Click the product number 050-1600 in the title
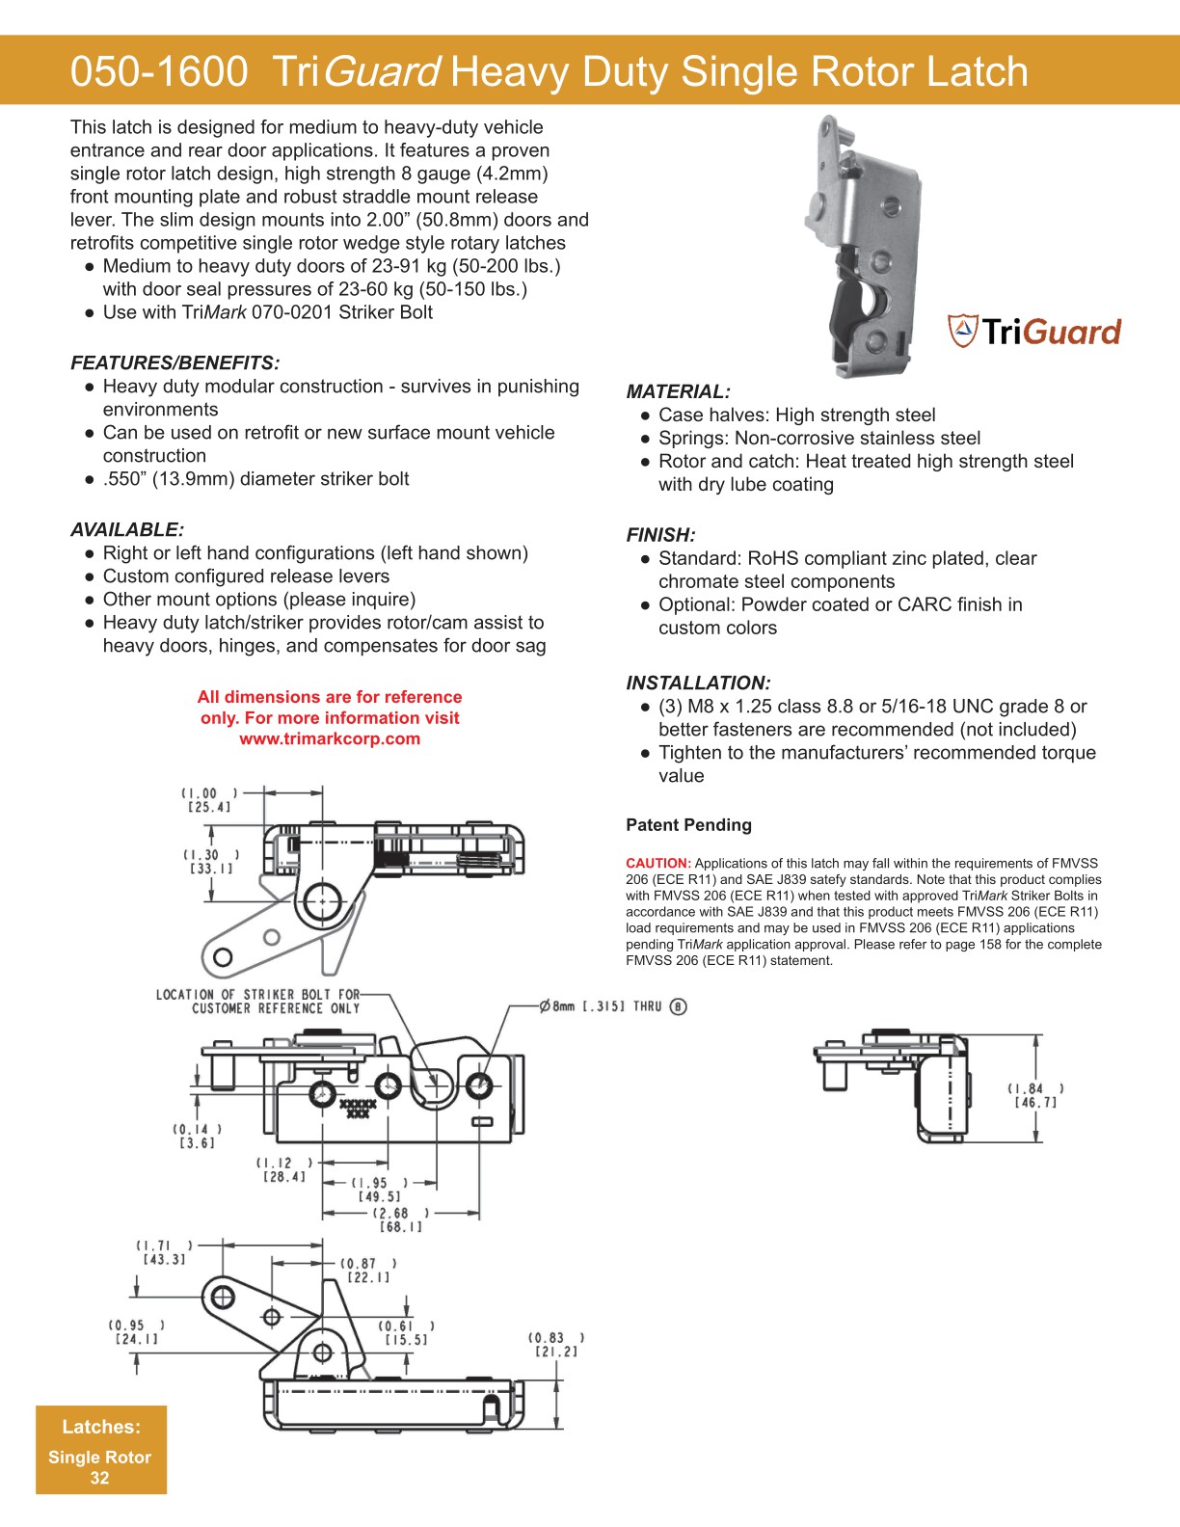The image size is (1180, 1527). point(158,72)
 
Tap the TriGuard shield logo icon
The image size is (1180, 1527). point(962,331)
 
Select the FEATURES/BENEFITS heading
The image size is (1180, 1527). point(174,363)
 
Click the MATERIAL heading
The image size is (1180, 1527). point(678,392)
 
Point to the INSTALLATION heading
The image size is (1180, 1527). point(698,683)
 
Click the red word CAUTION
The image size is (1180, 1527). point(658,864)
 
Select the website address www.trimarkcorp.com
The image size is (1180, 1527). point(330,739)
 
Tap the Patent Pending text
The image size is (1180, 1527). point(688,825)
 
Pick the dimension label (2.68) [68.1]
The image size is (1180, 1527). point(401,1219)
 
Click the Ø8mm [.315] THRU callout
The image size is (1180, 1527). point(612,1006)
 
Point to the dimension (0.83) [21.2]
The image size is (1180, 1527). point(556,1344)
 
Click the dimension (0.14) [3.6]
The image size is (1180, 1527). point(198,1136)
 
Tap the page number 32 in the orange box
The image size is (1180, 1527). point(99,1478)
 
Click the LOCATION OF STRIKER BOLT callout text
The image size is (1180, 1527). point(257,1001)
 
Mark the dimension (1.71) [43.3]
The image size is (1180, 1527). point(164,1252)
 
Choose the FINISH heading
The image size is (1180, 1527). point(660,535)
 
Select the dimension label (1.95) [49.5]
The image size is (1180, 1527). point(379,1190)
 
